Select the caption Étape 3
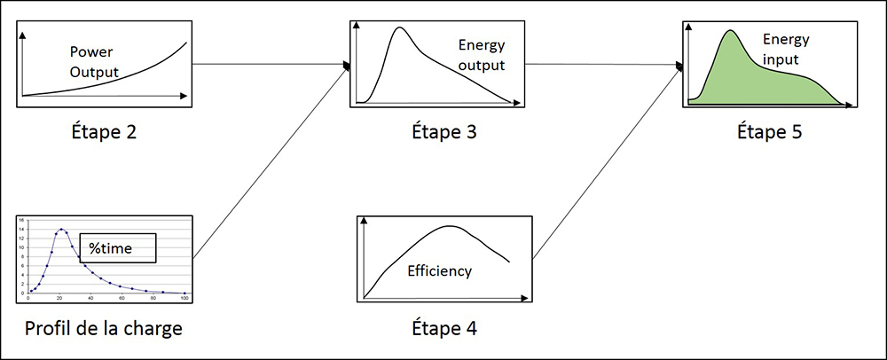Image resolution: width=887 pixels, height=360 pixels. click(x=434, y=133)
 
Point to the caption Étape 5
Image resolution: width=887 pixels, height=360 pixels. click(x=772, y=133)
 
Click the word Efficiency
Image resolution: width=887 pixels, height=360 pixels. click(x=439, y=271)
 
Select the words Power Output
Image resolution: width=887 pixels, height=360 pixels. click(x=94, y=60)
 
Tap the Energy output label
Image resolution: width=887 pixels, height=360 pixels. click(x=482, y=55)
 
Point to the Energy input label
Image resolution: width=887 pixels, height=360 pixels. click(x=784, y=50)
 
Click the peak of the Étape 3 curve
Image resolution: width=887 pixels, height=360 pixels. click(x=400, y=27)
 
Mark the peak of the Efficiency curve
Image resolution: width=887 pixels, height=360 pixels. click(x=450, y=226)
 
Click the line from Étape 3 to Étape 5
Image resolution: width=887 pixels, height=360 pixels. click(x=603, y=65)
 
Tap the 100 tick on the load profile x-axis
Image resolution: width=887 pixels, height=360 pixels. click(x=184, y=299)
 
